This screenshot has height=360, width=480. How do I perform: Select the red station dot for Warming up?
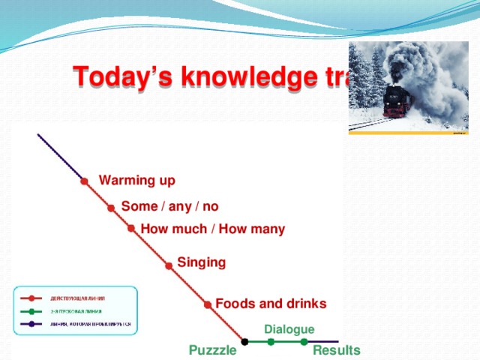(85, 181)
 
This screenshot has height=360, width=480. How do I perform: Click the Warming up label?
(137, 180)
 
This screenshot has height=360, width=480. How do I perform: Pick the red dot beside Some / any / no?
(111, 208)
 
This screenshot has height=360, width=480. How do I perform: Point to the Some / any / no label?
(169, 206)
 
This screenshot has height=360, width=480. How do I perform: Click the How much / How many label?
(213, 229)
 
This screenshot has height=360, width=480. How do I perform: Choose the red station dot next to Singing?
(169, 264)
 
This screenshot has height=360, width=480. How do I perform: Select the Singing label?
(201, 262)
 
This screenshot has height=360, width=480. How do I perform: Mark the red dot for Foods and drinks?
(207, 304)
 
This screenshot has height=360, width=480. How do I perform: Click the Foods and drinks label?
(271, 304)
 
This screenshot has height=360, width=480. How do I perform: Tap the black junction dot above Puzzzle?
(244, 342)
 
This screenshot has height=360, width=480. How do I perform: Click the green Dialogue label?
(289, 329)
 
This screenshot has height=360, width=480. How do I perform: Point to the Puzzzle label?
(213, 350)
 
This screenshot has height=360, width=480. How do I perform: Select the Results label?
(336, 350)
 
